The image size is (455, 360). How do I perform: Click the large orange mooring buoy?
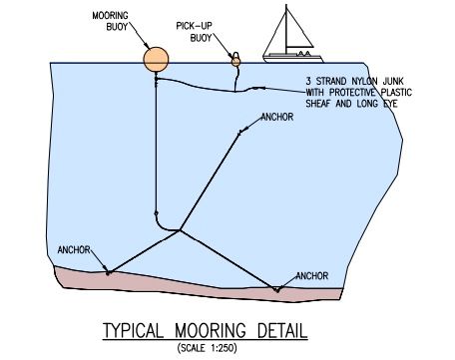(156, 60)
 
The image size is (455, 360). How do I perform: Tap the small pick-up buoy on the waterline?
(235, 61)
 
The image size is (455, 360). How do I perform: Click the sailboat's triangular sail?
(298, 31)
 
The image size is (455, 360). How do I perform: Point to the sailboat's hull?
(292, 59)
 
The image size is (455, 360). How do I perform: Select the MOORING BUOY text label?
(110, 21)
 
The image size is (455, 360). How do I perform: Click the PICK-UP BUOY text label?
(195, 32)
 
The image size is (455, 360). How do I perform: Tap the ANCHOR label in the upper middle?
(277, 117)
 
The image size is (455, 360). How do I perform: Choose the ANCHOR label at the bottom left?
(74, 250)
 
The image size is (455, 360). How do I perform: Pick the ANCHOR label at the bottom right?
(311, 276)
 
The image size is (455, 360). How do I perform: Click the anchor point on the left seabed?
(108, 273)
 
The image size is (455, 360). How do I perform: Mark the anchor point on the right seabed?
(276, 290)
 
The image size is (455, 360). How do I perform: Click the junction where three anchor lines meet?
(180, 230)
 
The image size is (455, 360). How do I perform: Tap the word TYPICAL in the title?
(133, 331)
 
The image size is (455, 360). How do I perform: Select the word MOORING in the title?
(211, 331)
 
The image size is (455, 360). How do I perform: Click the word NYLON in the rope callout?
(360, 82)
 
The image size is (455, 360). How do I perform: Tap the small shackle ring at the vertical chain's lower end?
(156, 213)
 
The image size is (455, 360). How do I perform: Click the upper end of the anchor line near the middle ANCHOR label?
(239, 134)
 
